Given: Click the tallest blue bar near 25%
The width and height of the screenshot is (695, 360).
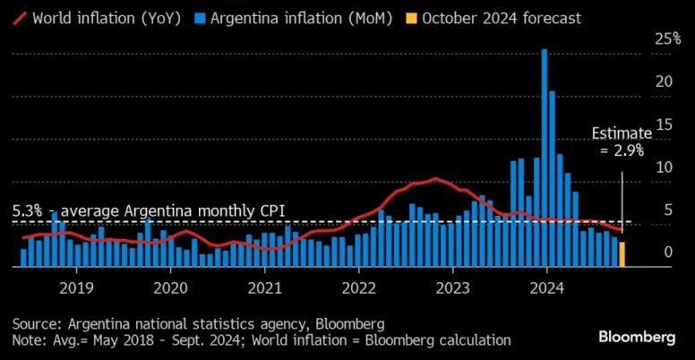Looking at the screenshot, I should tap(545, 157).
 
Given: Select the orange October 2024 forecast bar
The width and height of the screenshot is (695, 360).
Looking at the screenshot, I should tap(622, 254).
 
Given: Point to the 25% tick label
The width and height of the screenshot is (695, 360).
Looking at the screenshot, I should tap(667, 39).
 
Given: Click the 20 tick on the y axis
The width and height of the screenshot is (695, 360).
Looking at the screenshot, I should tap(662, 81).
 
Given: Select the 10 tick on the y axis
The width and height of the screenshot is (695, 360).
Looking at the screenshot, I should tap(662, 167).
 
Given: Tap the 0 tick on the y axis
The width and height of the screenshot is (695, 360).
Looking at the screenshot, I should tap(666, 253).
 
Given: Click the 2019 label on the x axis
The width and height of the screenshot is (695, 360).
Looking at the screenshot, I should tap(75, 288).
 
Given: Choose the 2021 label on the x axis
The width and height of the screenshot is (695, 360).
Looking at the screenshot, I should tap(264, 288).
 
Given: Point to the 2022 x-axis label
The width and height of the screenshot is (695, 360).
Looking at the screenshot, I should tap(358, 288).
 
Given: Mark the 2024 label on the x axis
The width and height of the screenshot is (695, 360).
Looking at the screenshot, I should tap(546, 288).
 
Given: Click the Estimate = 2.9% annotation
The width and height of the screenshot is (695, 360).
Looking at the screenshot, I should tap(618, 142).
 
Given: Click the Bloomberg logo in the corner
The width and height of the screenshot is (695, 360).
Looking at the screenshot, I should tap(637, 336).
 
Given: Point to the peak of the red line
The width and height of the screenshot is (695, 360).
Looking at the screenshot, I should tap(435, 179).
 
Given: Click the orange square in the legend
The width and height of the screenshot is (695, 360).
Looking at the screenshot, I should tap(409, 17).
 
